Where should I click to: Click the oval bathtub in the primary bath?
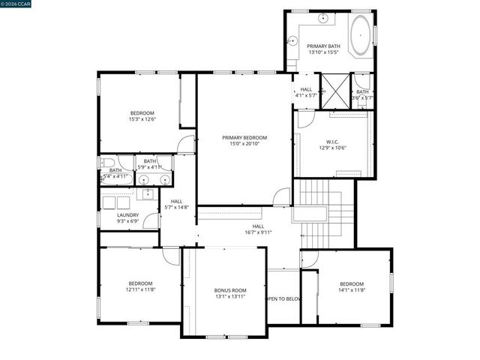(x=361, y=36)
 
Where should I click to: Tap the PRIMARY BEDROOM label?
(x=244, y=137)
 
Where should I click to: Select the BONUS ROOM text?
(x=229, y=289)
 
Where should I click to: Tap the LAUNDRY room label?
(x=127, y=215)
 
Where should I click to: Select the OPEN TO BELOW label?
(x=283, y=298)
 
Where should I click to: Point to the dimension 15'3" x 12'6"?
(x=142, y=119)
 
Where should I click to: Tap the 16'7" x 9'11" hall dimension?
(x=257, y=232)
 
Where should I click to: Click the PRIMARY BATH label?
(x=324, y=46)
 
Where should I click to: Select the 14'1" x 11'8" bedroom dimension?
(x=352, y=289)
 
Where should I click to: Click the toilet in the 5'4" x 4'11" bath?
(x=107, y=163)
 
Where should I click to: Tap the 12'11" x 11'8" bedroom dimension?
(x=139, y=289)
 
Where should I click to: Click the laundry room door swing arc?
(x=151, y=220)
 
